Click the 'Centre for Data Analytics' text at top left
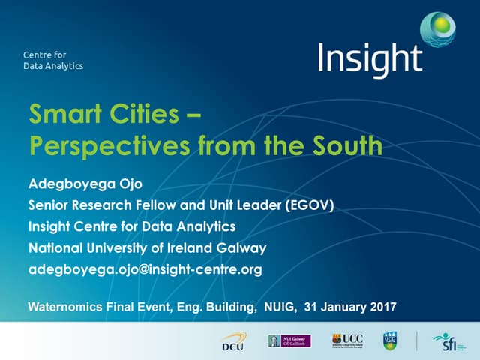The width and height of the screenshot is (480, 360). [x=52, y=60]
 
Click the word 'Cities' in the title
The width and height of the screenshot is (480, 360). [x=150, y=115]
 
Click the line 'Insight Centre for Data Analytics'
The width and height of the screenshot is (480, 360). [x=131, y=226]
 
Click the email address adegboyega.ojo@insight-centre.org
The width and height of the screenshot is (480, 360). [x=145, y=269]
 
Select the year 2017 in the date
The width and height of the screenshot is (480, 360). [x=379, y=306]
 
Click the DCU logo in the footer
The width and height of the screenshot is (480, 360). [x=232, y=343]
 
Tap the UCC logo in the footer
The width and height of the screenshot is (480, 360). [x=349, y=340]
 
